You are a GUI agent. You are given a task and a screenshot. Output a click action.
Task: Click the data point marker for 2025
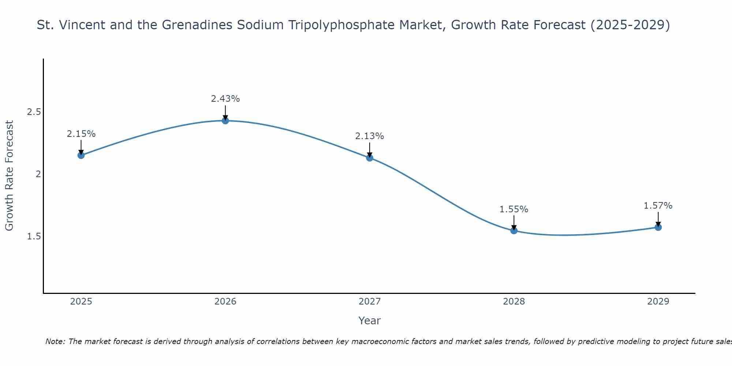tap(81, 155)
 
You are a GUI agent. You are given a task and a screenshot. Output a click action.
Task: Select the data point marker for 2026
tap(225, 120)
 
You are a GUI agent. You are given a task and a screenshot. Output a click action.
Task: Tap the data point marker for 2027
tap(370, 158)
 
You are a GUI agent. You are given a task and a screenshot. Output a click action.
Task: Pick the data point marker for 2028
tap(514, 230)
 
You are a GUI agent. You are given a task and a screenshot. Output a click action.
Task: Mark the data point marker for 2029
tap(658, 227)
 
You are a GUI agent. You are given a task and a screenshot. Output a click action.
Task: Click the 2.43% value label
tap(225, 99)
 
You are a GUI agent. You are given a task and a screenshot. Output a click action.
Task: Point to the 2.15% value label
tap(81, 134)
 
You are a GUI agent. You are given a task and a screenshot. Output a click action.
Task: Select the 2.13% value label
tap(370, 136)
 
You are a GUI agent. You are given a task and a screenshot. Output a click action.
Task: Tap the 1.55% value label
tap(514, 209)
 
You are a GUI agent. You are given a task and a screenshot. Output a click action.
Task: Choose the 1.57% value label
tap(658, 206)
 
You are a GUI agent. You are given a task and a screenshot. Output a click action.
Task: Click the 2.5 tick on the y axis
tap(34, 112)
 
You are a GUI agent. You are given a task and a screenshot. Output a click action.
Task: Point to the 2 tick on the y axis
tap(38, 174)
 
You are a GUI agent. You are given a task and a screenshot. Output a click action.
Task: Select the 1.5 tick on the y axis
tap(34, 236)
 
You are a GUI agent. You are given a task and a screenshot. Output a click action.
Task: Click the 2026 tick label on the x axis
tap(225, 302)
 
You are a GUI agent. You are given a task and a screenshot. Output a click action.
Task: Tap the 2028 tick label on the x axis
tap(514, 302)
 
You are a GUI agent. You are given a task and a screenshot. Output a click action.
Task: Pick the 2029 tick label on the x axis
tap(658, 302)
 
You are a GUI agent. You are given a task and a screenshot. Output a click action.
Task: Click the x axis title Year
tap(370, 321)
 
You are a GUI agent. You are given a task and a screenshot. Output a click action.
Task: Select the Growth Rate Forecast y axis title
tap(9, 175)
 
